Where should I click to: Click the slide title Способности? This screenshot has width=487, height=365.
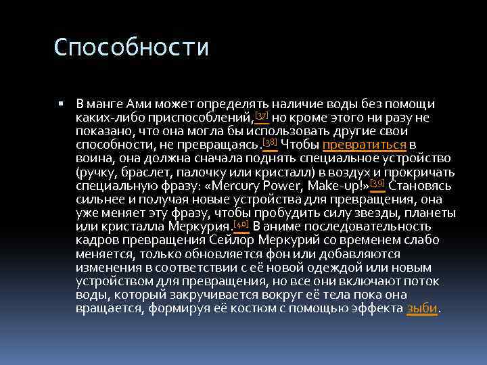click(x=132, y=48)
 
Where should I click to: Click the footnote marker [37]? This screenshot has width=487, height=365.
click(x=261, y=115)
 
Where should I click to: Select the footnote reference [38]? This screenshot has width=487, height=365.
click(x=270, y=141)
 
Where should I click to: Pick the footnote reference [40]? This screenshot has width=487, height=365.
click(x=241, y=223)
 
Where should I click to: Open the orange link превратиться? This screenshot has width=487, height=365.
click(x=365, y=145)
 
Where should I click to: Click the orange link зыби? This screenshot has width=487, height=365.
click(x=422, y=308)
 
